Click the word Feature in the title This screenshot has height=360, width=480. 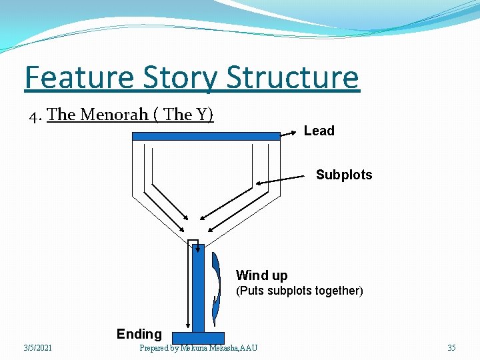click(x=79, y=78)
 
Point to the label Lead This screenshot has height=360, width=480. click(x=319, y=131)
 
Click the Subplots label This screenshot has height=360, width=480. click(x=343, y=175)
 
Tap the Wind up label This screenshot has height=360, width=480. click(x=261, y=275)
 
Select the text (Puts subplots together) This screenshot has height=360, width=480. click(x=299, y=291)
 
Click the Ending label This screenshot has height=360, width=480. click(x=139, y=334)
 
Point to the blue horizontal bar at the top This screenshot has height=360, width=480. click(x=206, y=136)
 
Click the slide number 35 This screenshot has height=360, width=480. click(x=451, y=348)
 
